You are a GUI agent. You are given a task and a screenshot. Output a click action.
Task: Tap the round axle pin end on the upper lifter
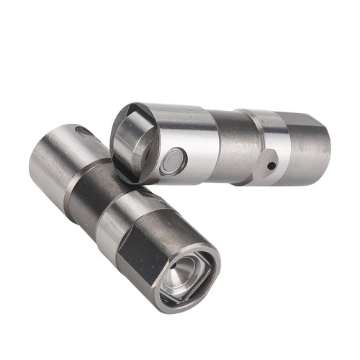coord(173,161)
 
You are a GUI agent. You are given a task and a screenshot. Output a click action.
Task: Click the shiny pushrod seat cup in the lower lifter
coord(186,272)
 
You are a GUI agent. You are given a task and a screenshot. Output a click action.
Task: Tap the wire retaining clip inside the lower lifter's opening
coord(173,285)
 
